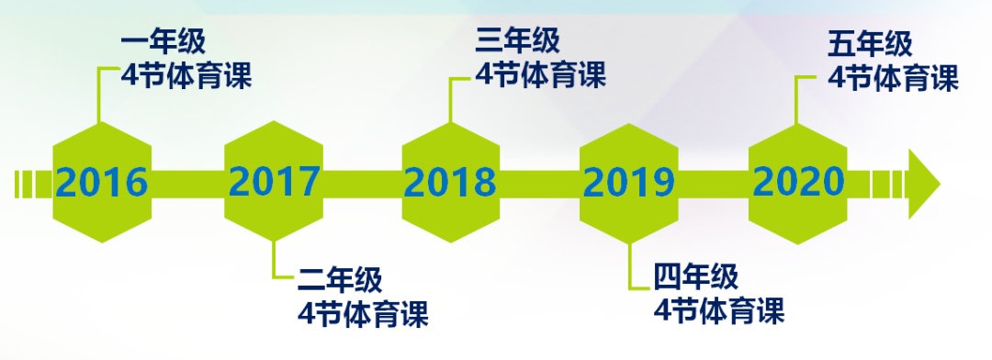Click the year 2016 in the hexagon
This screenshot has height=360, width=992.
click(102, 182)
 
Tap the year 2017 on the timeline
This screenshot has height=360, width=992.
click(274, 181)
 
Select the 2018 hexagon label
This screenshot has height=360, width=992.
click(450, 182)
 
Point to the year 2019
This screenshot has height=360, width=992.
click(629, 183)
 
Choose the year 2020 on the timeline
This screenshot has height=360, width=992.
click(798, 181)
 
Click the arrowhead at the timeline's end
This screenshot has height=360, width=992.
click(924, 185)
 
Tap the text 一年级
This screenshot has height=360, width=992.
click(163, 44)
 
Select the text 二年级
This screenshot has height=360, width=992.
click(341, 280)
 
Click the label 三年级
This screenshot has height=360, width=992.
click(517, 40)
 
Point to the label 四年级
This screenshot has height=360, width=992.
click(696, 276)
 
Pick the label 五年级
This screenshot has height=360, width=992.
click(870, 44)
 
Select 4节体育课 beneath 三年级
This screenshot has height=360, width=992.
click(540, 74)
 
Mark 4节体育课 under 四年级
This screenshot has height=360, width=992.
click(718, 310)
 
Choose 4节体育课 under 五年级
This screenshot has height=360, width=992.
click(893, 77)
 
